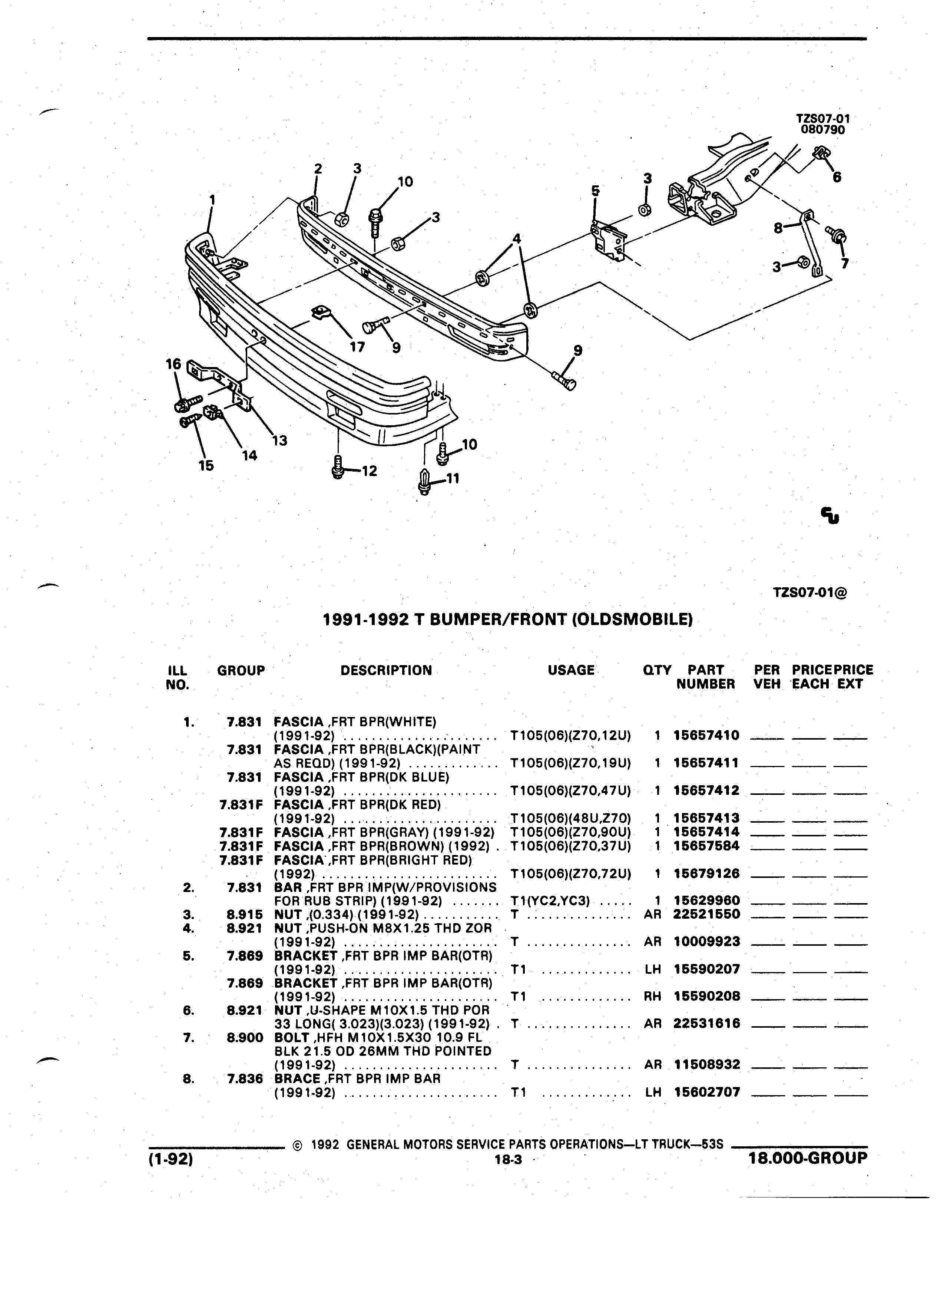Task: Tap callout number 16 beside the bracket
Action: click(x=173, y=364)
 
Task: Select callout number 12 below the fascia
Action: click(x=369, y=471)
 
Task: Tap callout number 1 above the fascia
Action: click(x=212, y=200)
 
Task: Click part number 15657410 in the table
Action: click(x=706, y=735)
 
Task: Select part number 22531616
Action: click(x=706, y=1024)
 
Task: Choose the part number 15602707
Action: click(x=706, y=1092)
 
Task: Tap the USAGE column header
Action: click(x=571, y=670)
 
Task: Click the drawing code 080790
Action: click(x=823, y=130)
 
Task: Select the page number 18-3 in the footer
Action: click(x=507, y=1160)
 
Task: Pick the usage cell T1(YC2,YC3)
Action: click(x=550, y=901)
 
